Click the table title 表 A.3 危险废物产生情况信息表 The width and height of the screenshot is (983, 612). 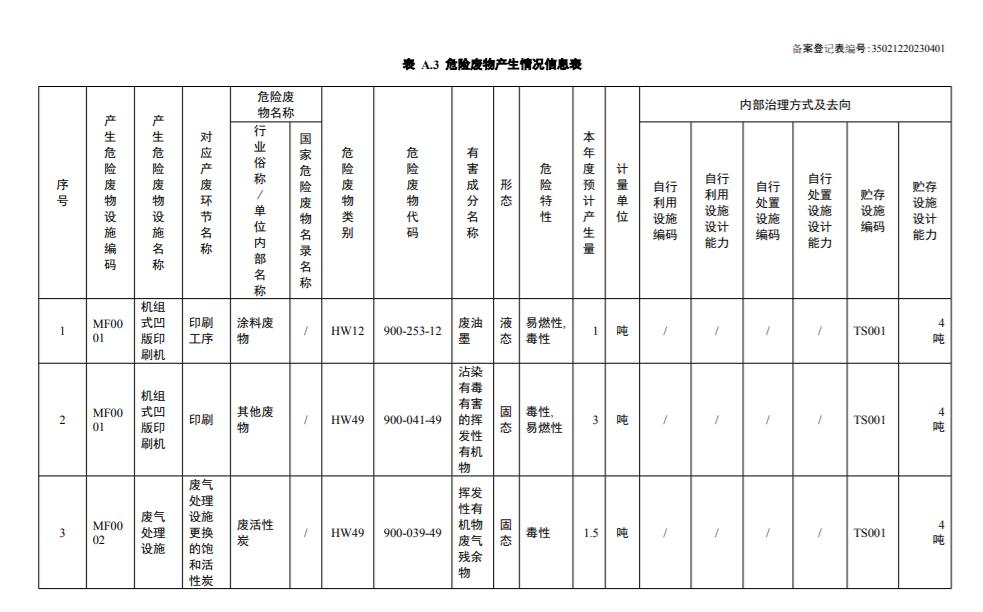click(x=491, y=64)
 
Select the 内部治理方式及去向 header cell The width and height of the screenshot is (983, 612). click(x=795, y=104)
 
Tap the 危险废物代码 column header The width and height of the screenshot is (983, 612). click(x=412, y=192)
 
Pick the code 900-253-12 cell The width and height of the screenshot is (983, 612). click(x=412, y=331)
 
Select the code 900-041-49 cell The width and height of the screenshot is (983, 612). click(x=412, y=420)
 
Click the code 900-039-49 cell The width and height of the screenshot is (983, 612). click(x=412, y=533)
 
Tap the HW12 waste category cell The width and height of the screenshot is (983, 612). click(x=347, y=331)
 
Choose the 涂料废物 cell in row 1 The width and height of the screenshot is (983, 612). click(x=257, y=331)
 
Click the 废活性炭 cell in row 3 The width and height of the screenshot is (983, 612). click(x=256, y=533)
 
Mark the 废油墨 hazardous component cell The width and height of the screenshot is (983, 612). click(x=471, y=331)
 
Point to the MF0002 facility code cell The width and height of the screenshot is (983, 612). click(x=108, y=533)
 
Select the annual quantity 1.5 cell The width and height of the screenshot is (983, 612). click(x=590, y=533)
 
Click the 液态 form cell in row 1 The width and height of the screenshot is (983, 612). click(x=506, y=331)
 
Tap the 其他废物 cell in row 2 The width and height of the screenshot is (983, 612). click(x=256, y=420)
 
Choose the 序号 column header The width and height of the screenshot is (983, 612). click(x=62, y=192)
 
